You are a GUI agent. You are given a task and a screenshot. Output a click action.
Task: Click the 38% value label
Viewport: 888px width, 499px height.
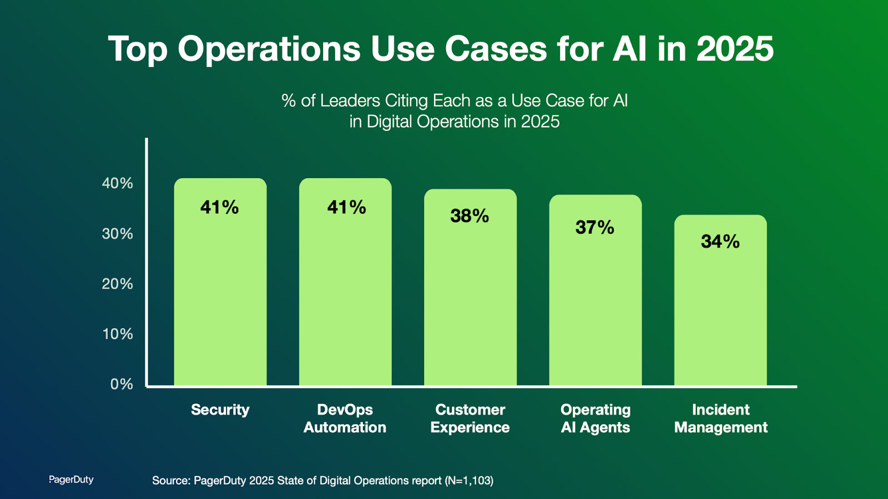[470, 216]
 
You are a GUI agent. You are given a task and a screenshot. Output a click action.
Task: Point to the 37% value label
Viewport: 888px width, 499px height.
[595, 228]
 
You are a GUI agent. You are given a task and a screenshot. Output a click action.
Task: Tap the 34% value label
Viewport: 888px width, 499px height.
[720, 241]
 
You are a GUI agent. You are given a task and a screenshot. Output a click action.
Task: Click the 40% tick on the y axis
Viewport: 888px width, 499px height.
[118, 183]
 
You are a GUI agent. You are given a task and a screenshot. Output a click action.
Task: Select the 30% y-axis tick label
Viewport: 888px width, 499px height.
[118, 234]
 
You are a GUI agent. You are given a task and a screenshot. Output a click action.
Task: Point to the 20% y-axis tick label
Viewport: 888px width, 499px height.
[118, 284]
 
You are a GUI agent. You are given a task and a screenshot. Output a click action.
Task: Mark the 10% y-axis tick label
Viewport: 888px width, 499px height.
[118, 334]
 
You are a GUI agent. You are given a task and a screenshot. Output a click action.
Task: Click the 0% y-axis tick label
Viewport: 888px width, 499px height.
[122, 384]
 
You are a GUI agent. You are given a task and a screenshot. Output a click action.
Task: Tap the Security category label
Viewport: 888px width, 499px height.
[220, 410]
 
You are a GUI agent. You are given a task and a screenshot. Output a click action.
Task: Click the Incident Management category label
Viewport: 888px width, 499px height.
[720, 419]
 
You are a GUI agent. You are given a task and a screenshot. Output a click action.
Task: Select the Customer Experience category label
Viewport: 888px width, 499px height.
[470, 419]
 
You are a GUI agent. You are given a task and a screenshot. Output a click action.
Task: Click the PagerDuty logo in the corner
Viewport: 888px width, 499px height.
[71, 480]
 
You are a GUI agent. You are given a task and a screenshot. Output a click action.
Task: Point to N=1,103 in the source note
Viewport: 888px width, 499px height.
[469, 481]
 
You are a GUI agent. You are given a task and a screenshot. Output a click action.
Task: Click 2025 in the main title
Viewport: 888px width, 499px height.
[735, 49]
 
